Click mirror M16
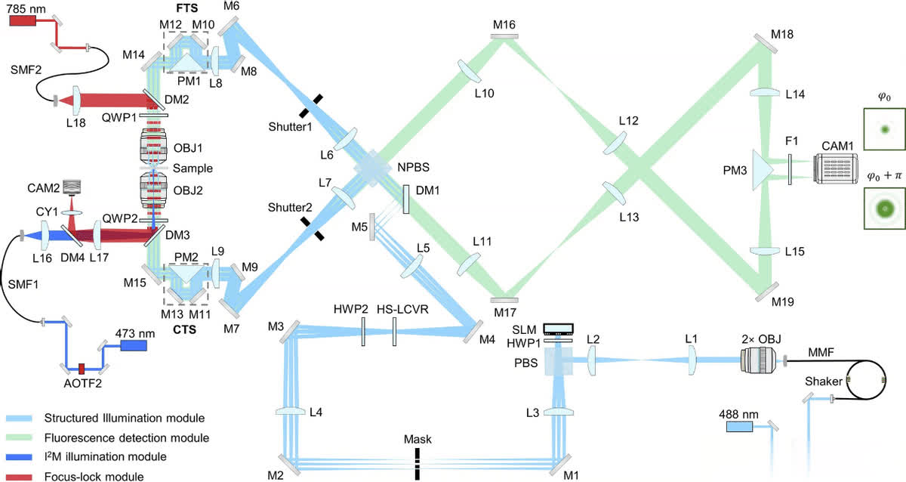coord(504,36)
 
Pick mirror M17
coord(504,301)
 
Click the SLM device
coord(560,329)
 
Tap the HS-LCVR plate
coord(394,331)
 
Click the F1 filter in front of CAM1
coord(790,170)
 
